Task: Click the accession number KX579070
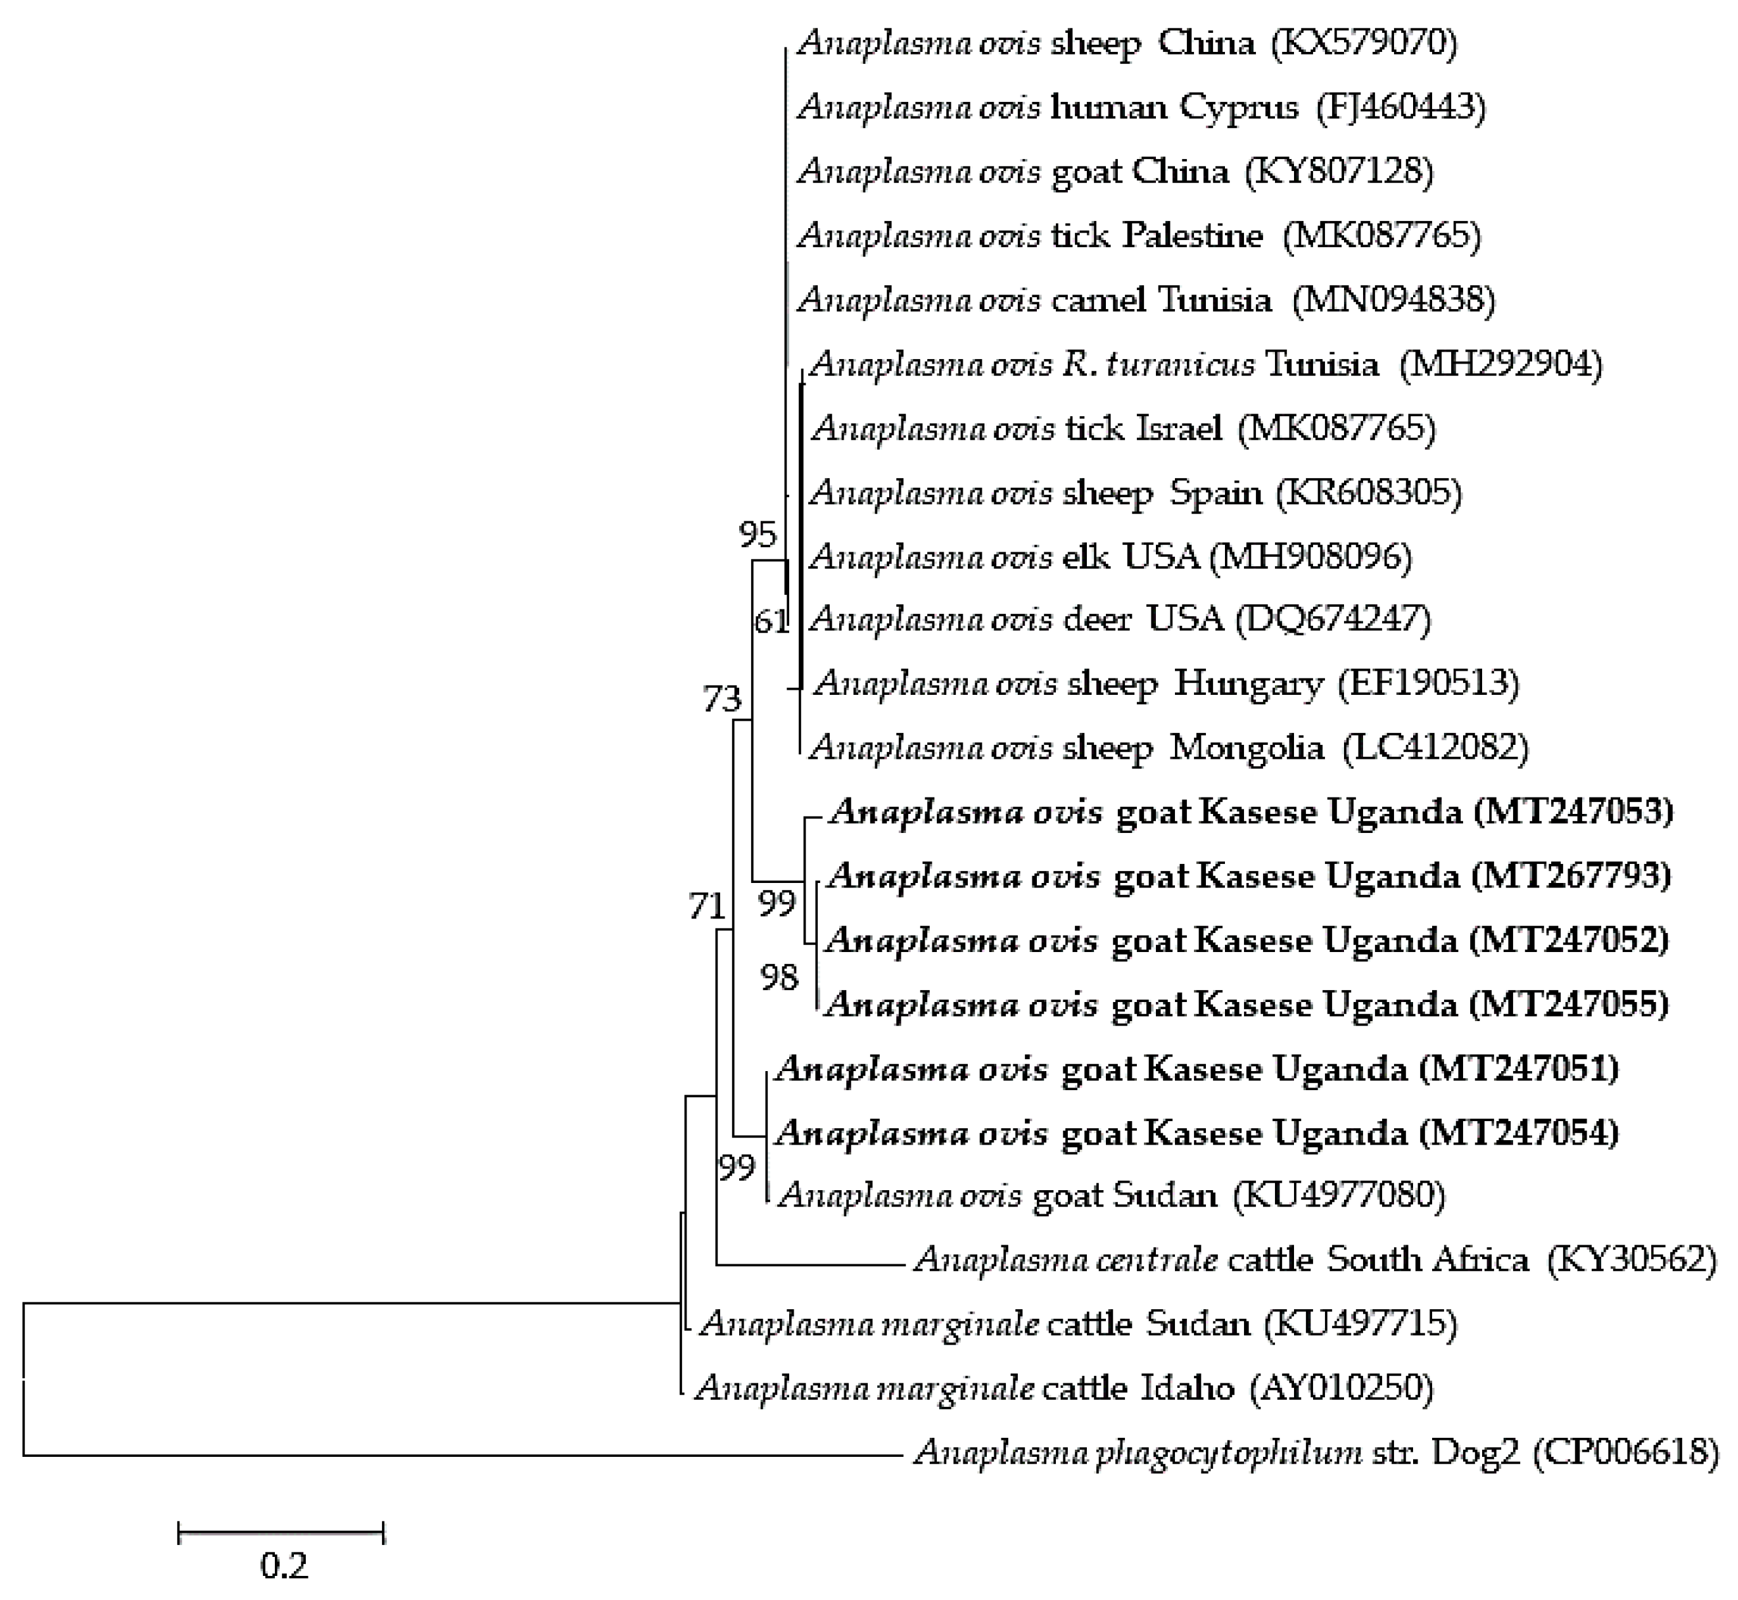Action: tap(1364, 42)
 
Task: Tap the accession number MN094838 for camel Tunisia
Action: tap(1393, 300)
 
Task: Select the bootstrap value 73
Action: tap(722, 699)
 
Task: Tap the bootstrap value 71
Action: tap(706, 906)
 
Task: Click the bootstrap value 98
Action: tap(779, 977)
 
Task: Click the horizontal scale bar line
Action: tap(281, 1532)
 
